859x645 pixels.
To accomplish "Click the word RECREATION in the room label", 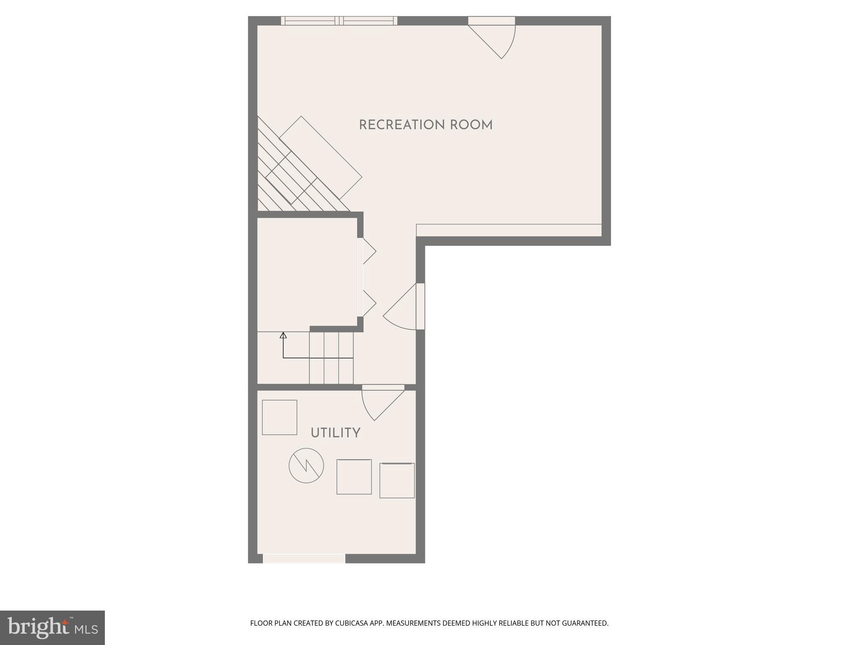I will (401, 125).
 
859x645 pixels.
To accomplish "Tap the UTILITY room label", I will (335, 433).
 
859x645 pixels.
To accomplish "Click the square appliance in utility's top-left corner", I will (279, 417).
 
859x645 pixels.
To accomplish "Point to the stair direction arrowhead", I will (283, 335).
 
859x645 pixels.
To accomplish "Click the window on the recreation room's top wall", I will (339, 21).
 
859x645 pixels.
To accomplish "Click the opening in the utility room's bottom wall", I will (304, 558).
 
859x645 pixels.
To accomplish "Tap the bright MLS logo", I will (52, 627).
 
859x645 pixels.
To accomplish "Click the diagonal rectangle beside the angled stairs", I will (320, 157).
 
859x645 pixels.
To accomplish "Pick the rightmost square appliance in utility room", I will (397, 480).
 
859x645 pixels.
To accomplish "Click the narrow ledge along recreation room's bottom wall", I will (509, 230).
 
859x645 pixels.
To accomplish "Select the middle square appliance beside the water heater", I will (354, 477).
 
